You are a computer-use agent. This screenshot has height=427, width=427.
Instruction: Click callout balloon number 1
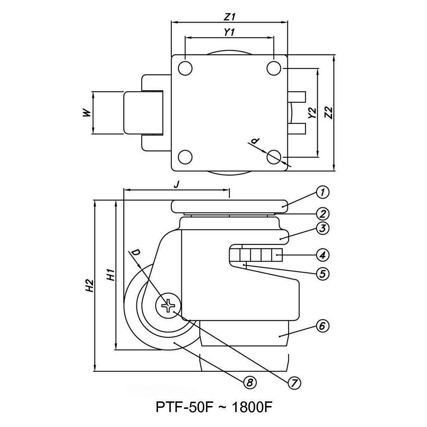click(x=322, y=193)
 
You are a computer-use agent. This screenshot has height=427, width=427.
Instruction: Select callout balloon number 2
click(x=322, y=213)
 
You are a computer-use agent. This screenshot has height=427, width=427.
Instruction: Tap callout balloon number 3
click(x=322, y=228)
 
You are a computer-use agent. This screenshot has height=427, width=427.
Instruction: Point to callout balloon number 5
click(x=322, y=273)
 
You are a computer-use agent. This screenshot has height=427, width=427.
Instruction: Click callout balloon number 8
click(x=250, y=383)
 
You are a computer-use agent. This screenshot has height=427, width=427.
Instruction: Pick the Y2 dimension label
click(x=312, y=113)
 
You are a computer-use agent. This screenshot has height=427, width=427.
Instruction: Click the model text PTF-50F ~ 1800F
click(x=215, y=407)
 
